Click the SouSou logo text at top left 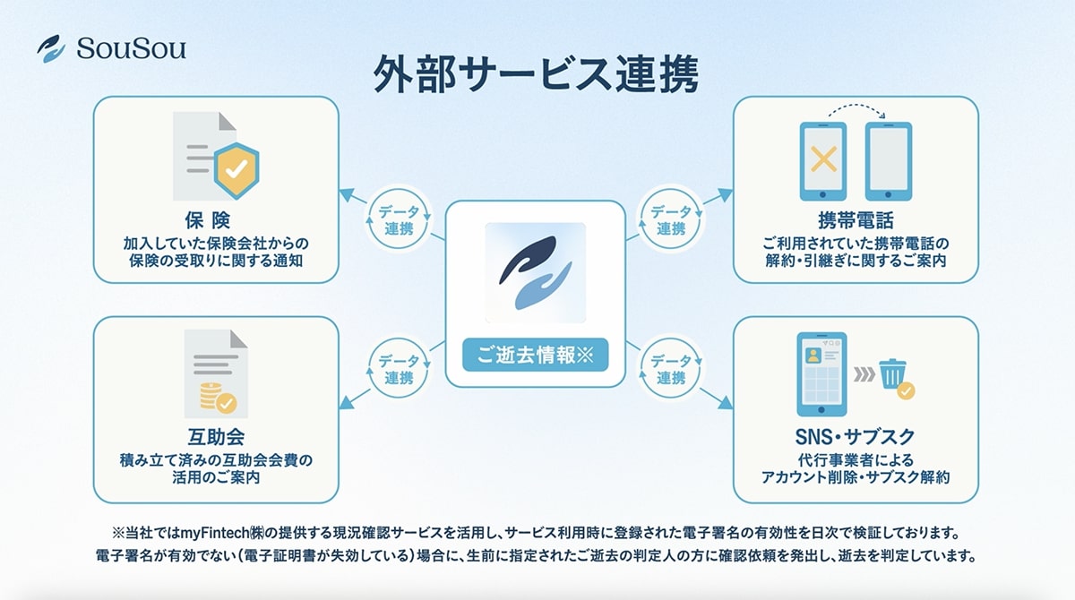coord(131,48)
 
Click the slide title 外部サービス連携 coord(536,75)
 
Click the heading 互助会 coord(216,438)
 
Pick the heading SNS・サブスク coord(855,437)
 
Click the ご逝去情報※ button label coord(535,354)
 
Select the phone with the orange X coord(822,162)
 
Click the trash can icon coord(893,373)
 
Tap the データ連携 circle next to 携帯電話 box coord(671,219)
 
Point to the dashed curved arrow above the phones coord(855,112)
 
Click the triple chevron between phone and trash coord(863,373)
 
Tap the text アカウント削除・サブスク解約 coord(855,477)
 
